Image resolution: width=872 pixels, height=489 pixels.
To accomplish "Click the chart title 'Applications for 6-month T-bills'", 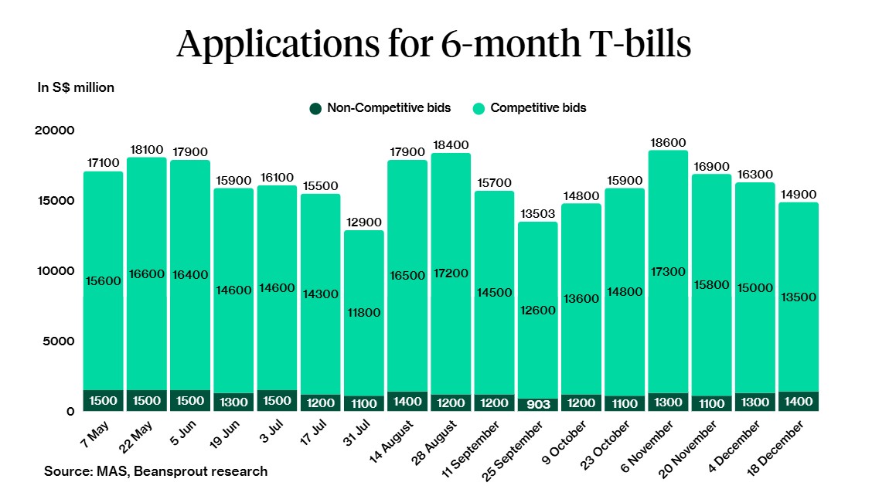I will click(x=434, y=45).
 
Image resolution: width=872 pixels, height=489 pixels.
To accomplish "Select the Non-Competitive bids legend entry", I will click(x=380, y=108).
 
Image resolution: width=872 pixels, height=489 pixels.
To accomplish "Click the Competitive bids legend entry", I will click(x=530, y=108).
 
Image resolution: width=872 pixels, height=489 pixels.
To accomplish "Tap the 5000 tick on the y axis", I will click(x=58, y=341).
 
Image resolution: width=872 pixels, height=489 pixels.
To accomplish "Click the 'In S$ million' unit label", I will click(x=76, y=87).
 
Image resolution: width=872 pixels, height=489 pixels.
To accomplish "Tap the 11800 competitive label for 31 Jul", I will click(x=364, y=313).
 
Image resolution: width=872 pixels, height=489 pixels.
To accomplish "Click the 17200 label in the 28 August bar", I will click(x=451, y=273).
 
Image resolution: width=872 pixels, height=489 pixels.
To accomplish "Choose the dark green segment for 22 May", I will click(x=147, y=400).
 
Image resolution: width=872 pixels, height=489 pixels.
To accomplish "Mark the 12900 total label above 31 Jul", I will click(x=364, y=222).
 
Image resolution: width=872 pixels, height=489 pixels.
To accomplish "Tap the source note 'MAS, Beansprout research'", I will click(x=155, y=471).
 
